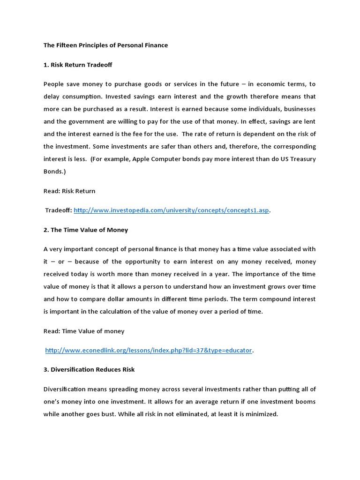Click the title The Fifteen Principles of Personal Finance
click(x=105, y=45)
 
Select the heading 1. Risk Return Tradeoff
click(x=78, y=65)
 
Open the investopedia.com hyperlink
click(x=172, y=210)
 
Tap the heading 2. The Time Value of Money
click(x=86, y=230)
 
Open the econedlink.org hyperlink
click(x=149, y=350)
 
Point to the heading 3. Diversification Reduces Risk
click(x=89, y=369)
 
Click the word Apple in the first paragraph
click(x=142, y=159)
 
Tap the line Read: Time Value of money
click(x=84, y=331)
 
